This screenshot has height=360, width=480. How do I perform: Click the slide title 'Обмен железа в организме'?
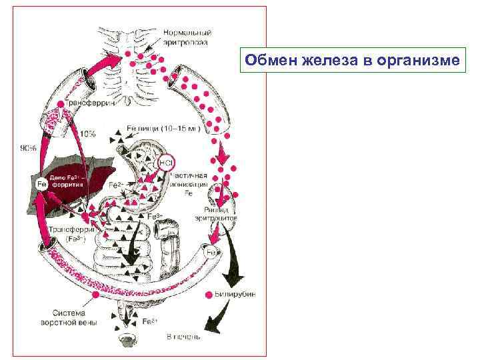tap(352, 61)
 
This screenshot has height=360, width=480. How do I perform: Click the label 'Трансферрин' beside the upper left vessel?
tap(91, 104)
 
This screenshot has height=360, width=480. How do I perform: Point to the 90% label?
tap(28, 149)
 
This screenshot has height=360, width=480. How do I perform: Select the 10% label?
tap(87, 134)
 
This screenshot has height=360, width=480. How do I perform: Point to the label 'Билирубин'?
tap(234, 294)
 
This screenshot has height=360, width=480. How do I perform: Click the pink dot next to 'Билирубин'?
tap(209, 294)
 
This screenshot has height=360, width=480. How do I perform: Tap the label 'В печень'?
tap(184, 337)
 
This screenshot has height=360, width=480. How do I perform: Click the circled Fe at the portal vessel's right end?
tap(211, 253)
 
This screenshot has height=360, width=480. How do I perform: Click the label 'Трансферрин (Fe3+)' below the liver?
tap(67, 233)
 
